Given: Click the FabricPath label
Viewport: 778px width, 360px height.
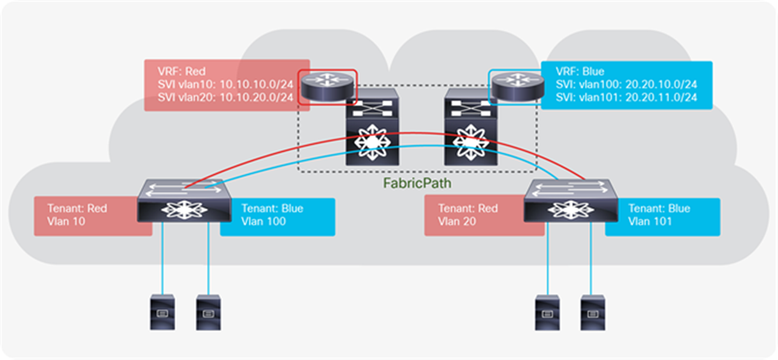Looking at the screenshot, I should click(417, 185).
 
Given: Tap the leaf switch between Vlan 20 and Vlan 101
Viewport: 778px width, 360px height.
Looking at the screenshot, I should click(569, 202).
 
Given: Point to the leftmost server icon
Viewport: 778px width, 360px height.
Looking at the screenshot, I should click(160, 308).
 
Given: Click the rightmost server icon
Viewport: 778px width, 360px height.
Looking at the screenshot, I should click(591, 308).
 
